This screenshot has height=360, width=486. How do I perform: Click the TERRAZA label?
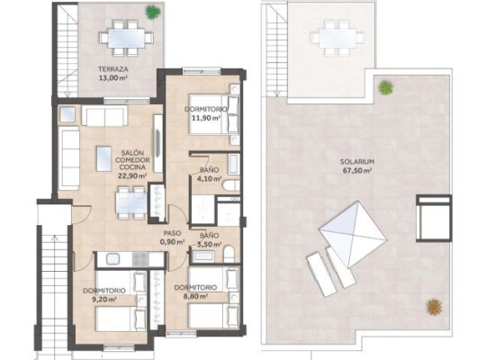click(x=112, y=69)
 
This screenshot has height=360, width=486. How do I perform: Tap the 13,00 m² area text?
click(x=112, y=77)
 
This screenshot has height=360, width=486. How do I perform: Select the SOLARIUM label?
click(x=357, y=162)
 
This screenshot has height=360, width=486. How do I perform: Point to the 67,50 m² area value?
click(x=357, y=170)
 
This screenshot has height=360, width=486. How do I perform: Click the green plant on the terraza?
click(x=153, y=13)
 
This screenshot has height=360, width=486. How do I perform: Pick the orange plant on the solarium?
click(x=434, y=307)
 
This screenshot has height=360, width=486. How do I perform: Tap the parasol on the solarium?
click(x=353, y=235)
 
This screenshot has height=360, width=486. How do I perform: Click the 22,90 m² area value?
click(x=132, y=175)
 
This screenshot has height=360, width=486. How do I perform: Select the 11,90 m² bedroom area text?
click(x=206, y=118)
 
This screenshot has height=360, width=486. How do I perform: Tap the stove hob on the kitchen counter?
click(x=140, y=259)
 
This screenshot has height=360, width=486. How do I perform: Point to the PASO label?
click(x=172, y=233)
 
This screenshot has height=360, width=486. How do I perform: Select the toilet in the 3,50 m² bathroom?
click(x=229, y=254)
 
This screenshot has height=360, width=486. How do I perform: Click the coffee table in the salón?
click(x=103, y=158)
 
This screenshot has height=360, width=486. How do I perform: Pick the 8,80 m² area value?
click(x=195, y=296)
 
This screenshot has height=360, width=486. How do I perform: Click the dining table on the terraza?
click(x=127, y=38)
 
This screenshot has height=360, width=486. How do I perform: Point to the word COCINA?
click(x=132, y=167)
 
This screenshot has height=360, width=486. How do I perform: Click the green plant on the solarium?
click(x=385, y=87)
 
